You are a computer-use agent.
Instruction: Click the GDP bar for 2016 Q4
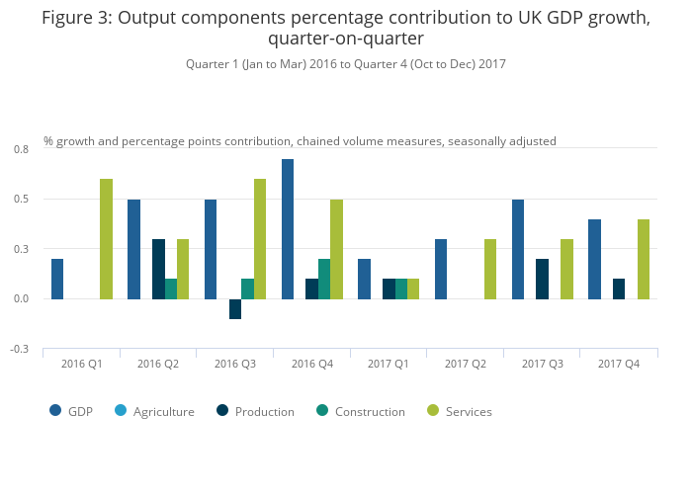pyautogui.click(x=288, y=229)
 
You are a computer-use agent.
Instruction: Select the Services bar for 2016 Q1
pyautogui.click(x=106, y=239)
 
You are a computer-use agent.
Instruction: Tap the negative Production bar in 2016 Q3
pyautogui.click(x=235, y=308)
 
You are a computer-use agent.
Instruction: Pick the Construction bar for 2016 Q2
pyautogui.click(x=171, y=289)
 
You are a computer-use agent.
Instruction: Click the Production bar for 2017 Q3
pyautogui.click(x=543, y=279)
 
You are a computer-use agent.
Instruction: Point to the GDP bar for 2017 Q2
pyautogui.click(x=441, y=269)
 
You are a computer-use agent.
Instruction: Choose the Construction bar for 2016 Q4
pyautogui.click(x=324, y=279)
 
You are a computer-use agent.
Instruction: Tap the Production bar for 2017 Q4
pyautogui.click(x=619, y=289)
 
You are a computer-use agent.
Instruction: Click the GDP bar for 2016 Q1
pyautogui.click(x=57, y=279)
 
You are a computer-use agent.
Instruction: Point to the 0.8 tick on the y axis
pyautogui.click(x=21, y=149)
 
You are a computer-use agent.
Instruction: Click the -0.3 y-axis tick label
pyautogui.click(x=21, y=349)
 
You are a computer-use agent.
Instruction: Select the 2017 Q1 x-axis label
pyautogui.click(x=389, y=365)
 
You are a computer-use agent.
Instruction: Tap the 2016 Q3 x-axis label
pyautogui.click(x=235, y=365)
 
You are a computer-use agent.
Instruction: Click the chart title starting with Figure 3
pyautogui.click(x=345, y=29)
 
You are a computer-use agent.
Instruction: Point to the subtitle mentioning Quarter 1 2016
pyautogui.click(x=345, y=64)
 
